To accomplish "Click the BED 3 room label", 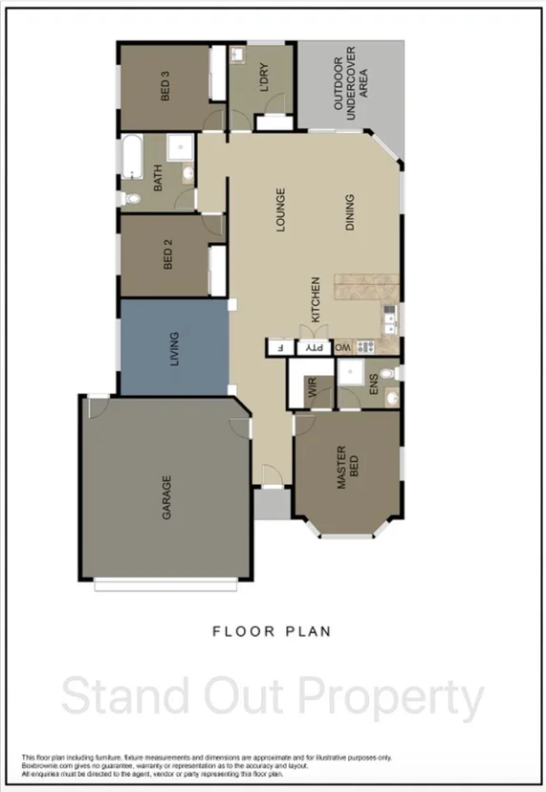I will click(165, 87).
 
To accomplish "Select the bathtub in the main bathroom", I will click(131, 157).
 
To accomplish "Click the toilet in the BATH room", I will click(132, 198).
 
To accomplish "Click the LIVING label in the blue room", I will click(173, 347).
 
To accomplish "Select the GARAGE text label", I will click(165, 497).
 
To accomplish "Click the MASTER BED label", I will click(348, 468).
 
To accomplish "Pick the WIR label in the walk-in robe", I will click(312, 387).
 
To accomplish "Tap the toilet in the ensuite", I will click(385, 373).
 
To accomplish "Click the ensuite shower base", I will click(351, 373).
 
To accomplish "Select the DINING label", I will click(350, 212).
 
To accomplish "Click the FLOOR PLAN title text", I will click(272, 631).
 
